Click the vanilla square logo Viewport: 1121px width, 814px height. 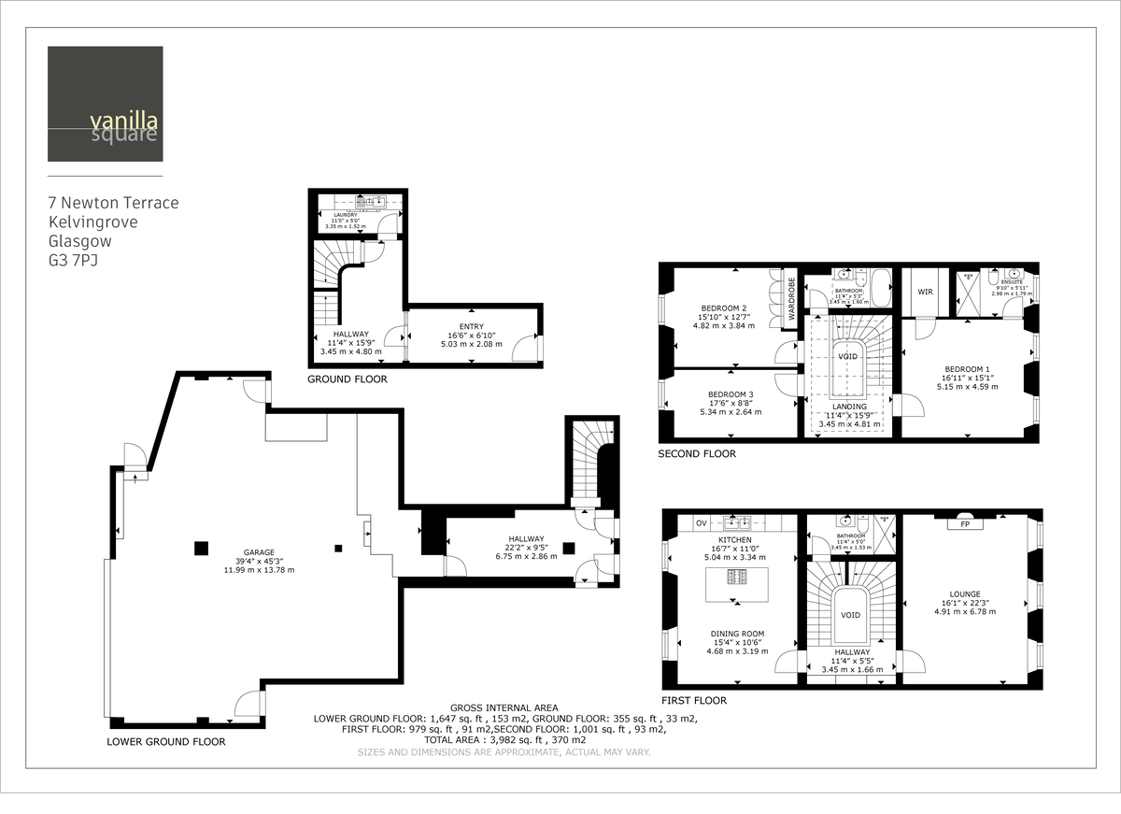click(106, 104)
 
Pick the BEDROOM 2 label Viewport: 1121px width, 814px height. click(724, 308)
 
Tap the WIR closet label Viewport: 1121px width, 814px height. click(925, 293)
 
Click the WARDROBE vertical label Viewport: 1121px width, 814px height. click(791, 298)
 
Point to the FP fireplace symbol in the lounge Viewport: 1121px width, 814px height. click(963, 524)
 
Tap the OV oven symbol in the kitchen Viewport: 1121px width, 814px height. click(701, 521)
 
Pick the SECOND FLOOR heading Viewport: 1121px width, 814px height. click(697, 454)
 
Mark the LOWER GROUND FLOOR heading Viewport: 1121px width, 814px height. click(166, 741)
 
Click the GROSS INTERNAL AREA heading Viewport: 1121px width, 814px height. click(504, 707)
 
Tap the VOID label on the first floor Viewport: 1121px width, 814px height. click(850, 615)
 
